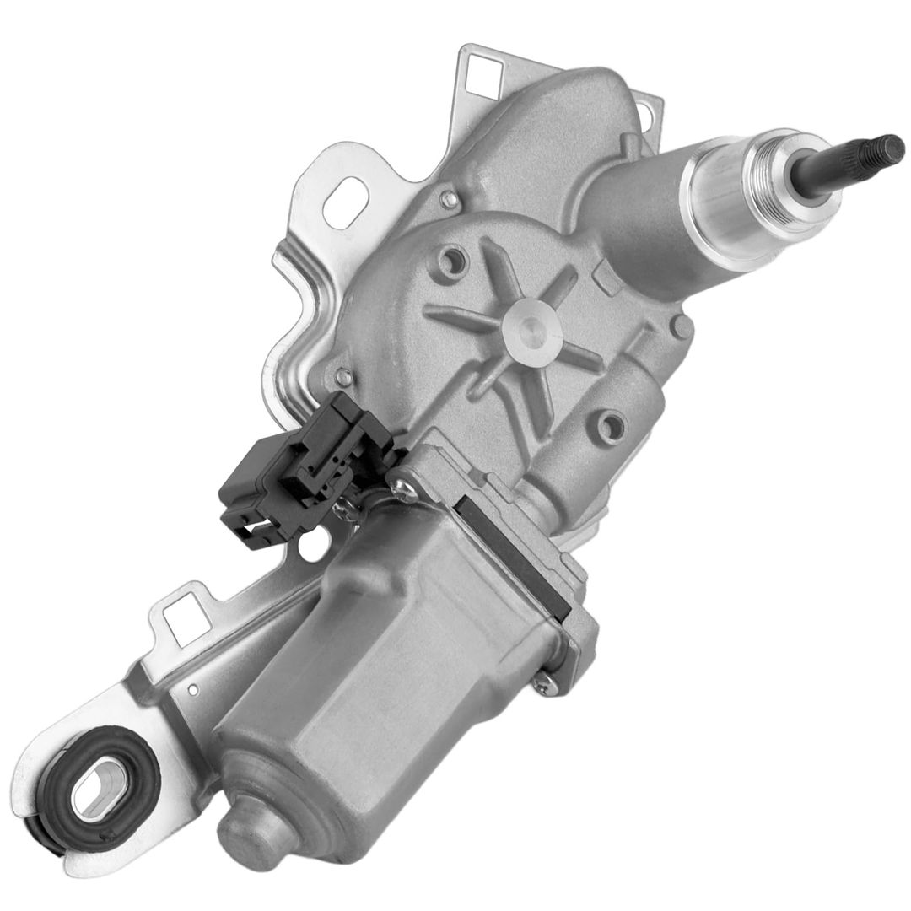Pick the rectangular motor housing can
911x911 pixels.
pyautogui.click(x=405, y=666)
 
